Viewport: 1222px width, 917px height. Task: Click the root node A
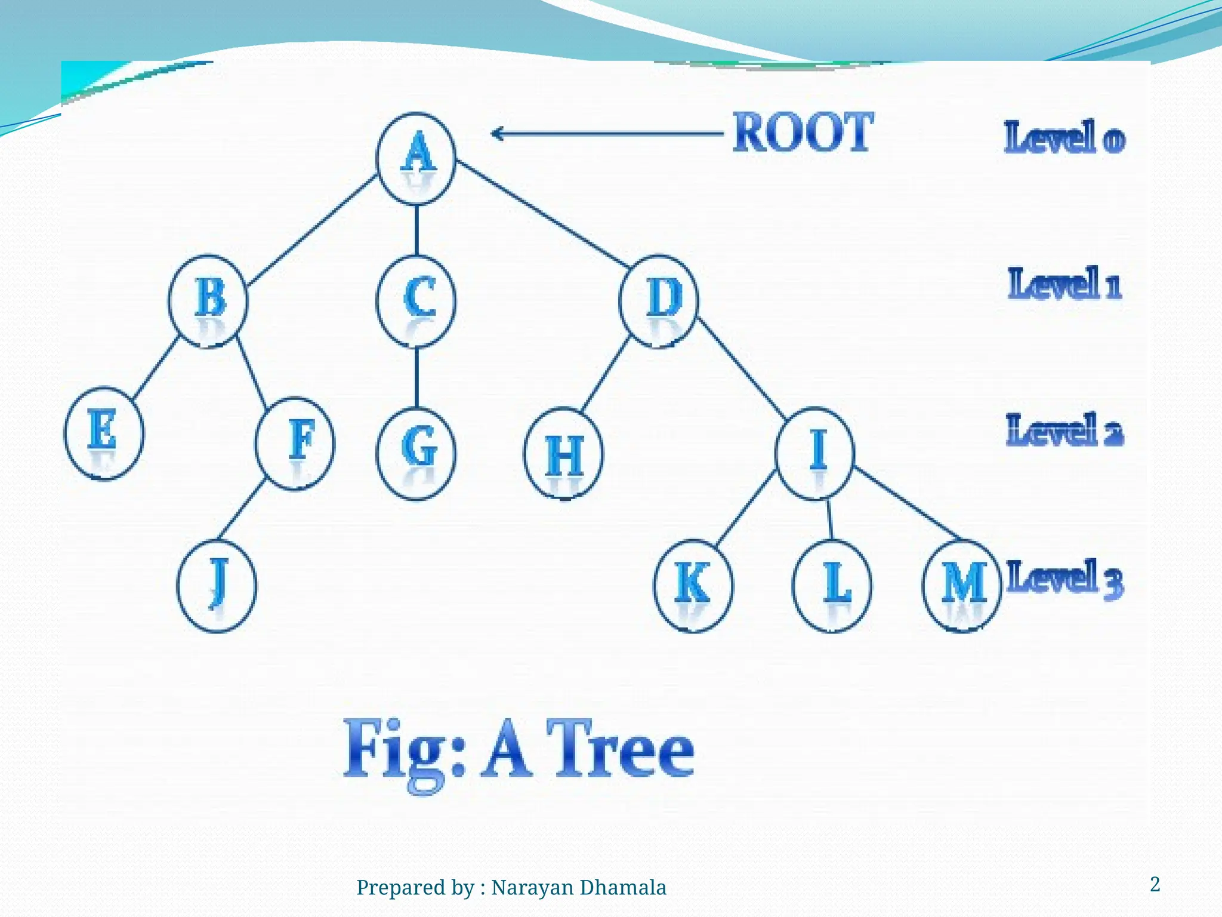[416, 158]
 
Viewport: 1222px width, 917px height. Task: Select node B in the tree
[208, 300]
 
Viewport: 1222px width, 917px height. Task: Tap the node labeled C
[416, 300]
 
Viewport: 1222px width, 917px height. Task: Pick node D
[658, 300]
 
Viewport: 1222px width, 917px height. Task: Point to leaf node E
[104, 433]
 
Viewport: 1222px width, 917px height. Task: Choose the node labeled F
[295, 443]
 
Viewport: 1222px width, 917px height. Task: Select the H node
[563, 454]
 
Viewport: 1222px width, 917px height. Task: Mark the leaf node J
[217, 585]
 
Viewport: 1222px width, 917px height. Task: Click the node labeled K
[693, 585]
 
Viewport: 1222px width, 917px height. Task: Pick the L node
[832, 585]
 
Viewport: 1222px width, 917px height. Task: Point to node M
[962, 585]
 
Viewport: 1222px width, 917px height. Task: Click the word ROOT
[803, 133]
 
